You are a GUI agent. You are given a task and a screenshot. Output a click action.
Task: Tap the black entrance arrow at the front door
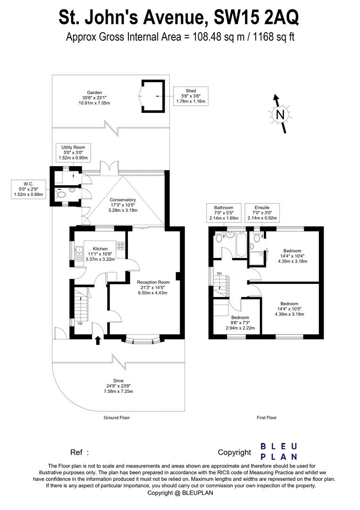98,340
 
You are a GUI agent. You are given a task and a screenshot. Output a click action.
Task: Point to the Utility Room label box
72,153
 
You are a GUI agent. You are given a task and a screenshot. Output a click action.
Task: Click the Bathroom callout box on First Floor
224,213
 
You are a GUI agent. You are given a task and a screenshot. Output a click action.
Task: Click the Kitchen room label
100,254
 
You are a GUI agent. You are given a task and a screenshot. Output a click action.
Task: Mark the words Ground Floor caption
117,417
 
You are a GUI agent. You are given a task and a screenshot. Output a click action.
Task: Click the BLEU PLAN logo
279,451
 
